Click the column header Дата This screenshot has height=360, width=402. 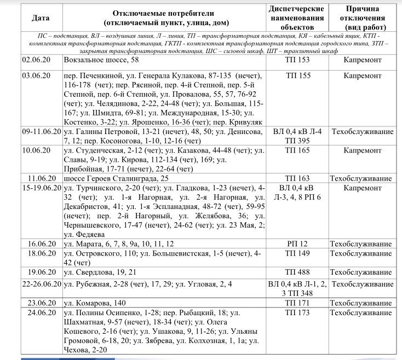tap(41, 18)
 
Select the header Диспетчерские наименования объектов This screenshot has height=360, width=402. tap(297, 18)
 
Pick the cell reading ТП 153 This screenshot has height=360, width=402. tap(297, 59)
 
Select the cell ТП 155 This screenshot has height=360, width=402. tap(297, 76)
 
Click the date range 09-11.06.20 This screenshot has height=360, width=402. tap(42, 132)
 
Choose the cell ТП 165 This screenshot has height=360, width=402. tap(297, 149)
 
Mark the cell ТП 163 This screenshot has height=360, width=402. tap(297, 178)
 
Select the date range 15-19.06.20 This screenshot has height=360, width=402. tap(42, 187)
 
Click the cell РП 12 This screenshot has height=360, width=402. tap(297, 243)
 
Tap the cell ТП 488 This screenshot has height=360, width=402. tap(297, 272)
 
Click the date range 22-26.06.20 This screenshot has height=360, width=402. tap(42, 284)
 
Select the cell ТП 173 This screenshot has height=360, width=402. tap(297, 312)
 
